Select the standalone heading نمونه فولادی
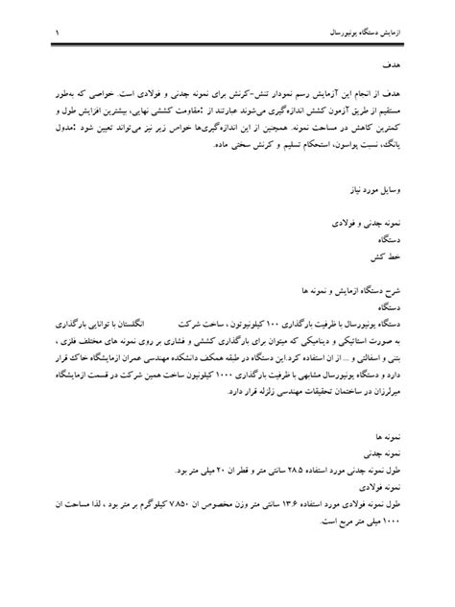[x=404, y=485]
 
